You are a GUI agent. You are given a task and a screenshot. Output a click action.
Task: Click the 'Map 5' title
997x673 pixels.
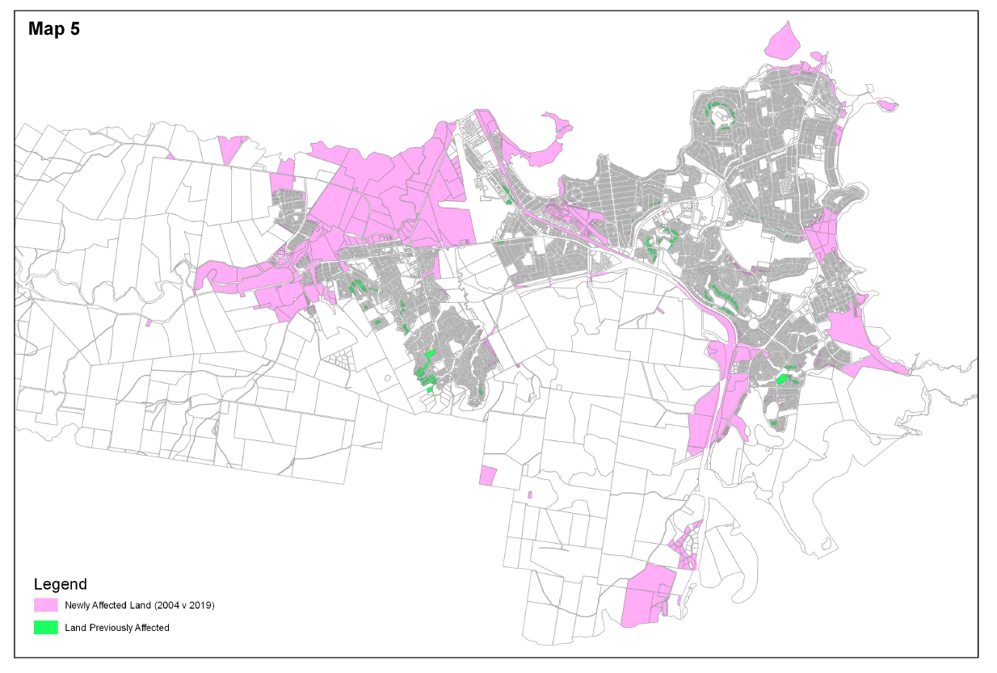coord(53,30)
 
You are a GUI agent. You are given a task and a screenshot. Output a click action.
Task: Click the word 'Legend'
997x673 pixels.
coord(61,584)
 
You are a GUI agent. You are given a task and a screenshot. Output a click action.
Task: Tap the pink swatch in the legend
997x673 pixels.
coord(45,605)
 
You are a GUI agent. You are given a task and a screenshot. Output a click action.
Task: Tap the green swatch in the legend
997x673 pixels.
coord(45,628)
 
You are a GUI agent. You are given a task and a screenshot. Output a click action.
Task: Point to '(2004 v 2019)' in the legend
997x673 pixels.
coord(187,605)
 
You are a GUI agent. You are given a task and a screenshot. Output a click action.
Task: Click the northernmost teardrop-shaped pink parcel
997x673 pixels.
coord(780,44)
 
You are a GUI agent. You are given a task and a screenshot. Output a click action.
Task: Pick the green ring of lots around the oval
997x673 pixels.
coord(721,114)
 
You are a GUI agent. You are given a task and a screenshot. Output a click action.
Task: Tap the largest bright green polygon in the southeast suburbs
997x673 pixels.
coord(781,378)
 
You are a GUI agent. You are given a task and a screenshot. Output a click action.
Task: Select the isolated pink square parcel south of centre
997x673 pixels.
coord(486,475)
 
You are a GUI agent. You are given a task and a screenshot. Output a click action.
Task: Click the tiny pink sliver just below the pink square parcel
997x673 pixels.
coord(529,494)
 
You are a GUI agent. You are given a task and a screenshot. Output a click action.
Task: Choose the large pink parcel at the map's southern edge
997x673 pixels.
coord(648,595)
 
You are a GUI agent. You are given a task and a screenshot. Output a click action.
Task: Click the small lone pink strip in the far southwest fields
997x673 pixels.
coord(149,323)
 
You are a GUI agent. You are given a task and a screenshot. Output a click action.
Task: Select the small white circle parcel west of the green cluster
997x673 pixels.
coord(386,377)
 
